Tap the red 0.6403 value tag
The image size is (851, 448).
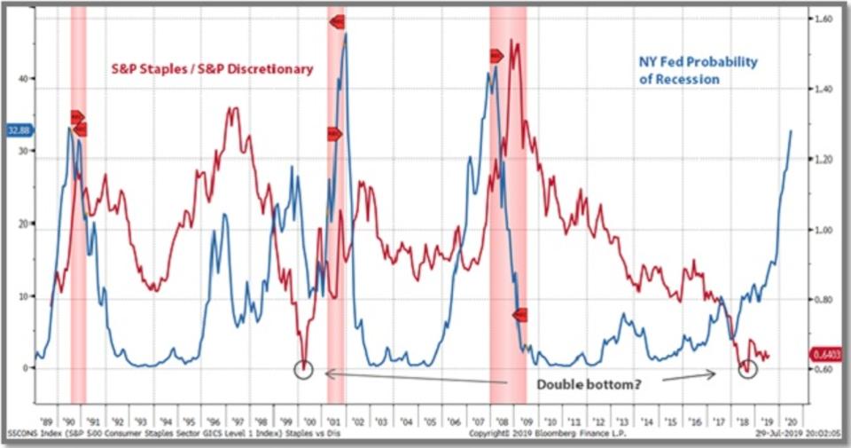[x=825, y=355]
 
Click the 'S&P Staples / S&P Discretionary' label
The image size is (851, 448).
[x=212, y=68]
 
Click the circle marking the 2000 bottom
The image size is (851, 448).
[x=304, y=368]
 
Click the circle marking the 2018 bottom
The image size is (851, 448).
[x=747, y=369]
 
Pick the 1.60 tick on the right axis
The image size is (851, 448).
[x=821, y=18]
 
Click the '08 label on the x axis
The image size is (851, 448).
[x=502, y=422]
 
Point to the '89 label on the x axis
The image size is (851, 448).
[x=44, y=422]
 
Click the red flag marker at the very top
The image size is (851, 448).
[x=337, y=21]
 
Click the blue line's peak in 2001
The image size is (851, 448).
[x=345, y=35]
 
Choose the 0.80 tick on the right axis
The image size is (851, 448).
[x=821, y=301]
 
